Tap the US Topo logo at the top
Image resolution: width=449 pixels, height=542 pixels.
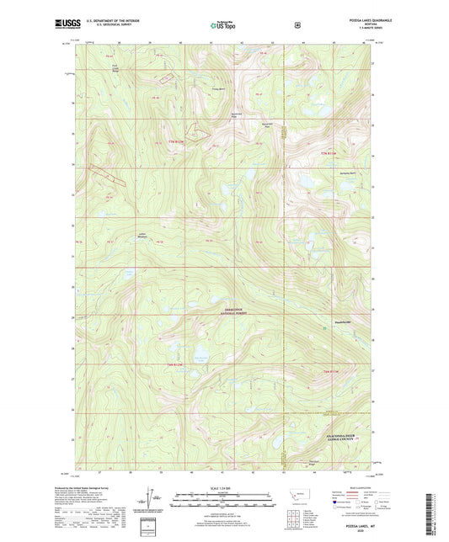click(x=224, y=26)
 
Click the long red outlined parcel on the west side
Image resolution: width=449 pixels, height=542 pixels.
click(x=109, y=172)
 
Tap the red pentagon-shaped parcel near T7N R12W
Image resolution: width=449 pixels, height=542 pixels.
click(x=197, y=131)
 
